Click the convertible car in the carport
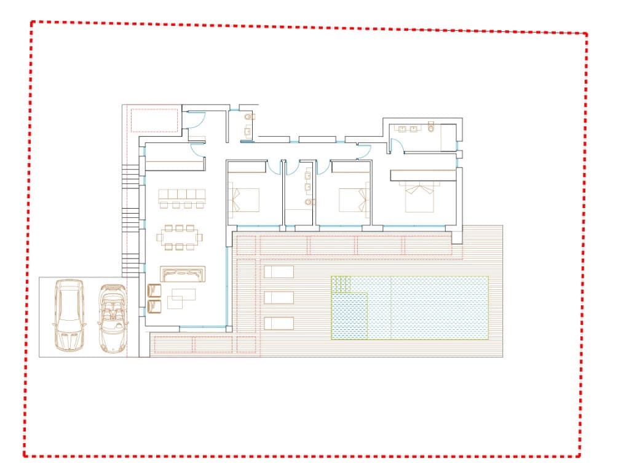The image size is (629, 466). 111,317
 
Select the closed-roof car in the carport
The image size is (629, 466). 69,315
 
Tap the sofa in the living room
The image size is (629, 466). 183,274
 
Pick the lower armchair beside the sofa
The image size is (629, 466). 154,304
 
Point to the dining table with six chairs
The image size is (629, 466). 180,237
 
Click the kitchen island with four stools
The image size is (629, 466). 181,199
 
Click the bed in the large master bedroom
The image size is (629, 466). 420,196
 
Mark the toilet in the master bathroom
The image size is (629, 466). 431,129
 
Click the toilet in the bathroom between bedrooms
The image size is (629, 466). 309,201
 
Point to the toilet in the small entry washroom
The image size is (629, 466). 248,116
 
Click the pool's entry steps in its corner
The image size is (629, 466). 341,284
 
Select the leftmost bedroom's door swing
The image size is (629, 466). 274,166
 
